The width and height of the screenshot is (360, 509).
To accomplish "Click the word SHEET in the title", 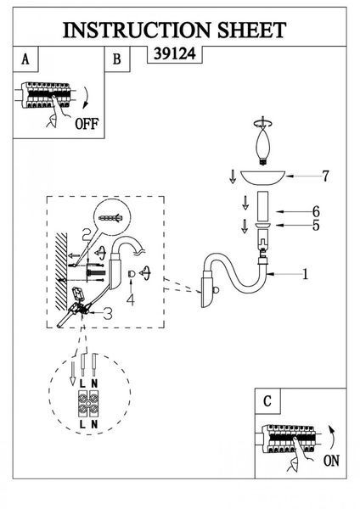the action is tap(251, 31).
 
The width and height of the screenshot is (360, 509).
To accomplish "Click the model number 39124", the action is tap(175, 53).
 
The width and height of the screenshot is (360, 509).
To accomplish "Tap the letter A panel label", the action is tap(25, 59).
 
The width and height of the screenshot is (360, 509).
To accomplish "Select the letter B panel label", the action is tap(116, 59).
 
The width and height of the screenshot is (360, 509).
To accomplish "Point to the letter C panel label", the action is tap(267, 401).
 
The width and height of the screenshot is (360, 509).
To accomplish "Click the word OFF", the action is tap(87, 124).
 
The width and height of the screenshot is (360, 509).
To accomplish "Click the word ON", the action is tap(331, 461).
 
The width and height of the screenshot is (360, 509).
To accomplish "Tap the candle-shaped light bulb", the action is tap(264, 146).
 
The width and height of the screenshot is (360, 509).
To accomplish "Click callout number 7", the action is tap(325, 176).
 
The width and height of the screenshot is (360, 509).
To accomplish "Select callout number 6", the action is tap(316, 211).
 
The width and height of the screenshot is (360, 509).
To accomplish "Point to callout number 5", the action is tap(316, 226).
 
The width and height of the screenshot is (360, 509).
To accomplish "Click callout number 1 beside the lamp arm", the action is tap(305, 274).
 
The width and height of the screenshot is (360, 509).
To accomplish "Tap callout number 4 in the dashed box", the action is tap(131, 300).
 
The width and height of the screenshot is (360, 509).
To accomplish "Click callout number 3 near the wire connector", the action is tap(107, 314).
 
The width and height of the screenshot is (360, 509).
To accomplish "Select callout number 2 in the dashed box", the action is tap(87, 234).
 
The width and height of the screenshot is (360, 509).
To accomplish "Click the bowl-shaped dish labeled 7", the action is tap(262, 178).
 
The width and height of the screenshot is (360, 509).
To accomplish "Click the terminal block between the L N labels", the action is tap(88, 404).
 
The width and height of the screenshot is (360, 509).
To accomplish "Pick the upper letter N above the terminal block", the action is tap(94, 383).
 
